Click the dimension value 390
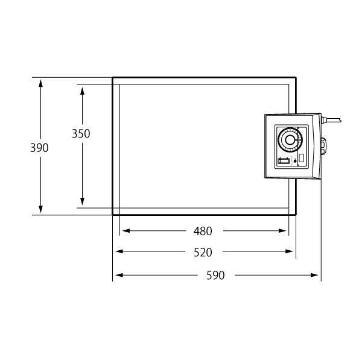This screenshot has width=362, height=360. (39, 148)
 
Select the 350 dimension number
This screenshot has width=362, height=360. (81, 134)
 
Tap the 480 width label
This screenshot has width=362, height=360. (203, 231)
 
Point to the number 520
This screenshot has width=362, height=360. (203, 252)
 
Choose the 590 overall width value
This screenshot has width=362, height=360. (215, 276)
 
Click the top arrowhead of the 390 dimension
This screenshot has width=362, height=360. (40, 83)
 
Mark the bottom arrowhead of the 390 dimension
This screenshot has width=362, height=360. (40, 209)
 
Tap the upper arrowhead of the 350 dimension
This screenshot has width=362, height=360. (82, 91)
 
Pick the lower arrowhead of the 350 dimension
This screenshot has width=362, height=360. (82, 201)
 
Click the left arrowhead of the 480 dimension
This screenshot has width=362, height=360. (126, 231)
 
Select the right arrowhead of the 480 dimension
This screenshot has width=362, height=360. (282, 231)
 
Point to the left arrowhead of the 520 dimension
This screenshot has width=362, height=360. (119, 251)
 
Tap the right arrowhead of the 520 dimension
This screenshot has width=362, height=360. (289, 251)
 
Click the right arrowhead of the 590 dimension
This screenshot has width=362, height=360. (314, 275)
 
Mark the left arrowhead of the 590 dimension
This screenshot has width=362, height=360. (119, 275)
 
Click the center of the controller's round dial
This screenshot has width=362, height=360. (290, 140)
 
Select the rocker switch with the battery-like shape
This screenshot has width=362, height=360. (284, 160)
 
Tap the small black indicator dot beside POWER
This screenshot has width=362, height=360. (295, 162)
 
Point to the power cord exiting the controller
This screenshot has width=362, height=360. (331, 120)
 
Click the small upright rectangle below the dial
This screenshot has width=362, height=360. (301, 159)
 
